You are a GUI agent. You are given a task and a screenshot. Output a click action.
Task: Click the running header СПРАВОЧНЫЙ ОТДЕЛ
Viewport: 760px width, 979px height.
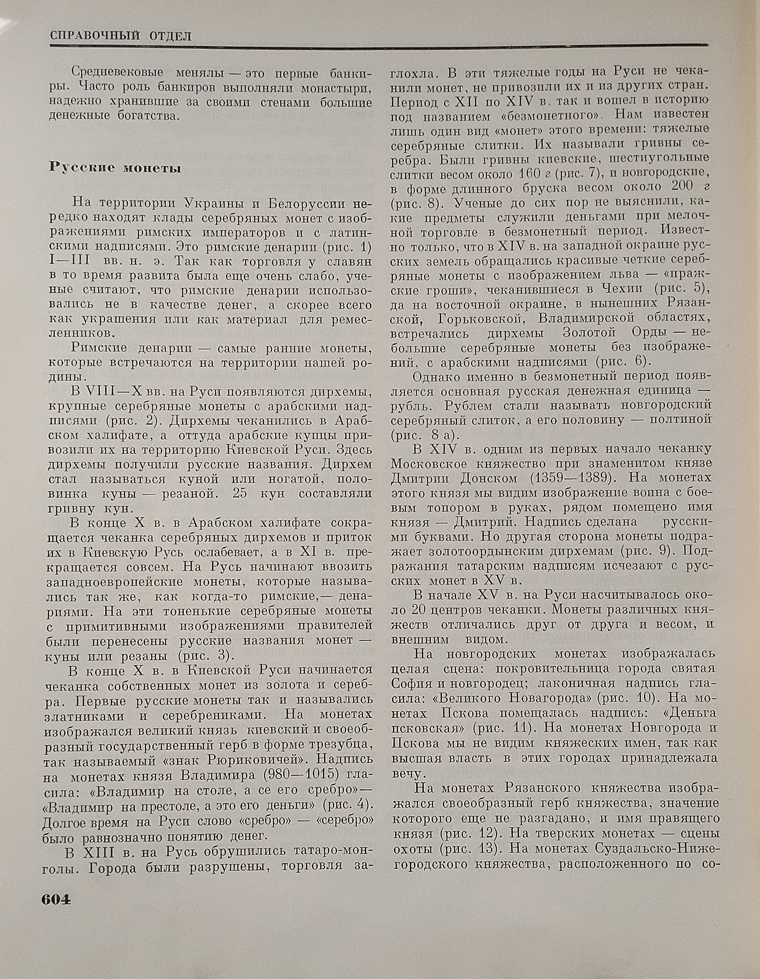click(120, 36)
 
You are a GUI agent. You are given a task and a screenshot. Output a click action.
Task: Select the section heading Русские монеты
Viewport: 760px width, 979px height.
click(115, 168)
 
